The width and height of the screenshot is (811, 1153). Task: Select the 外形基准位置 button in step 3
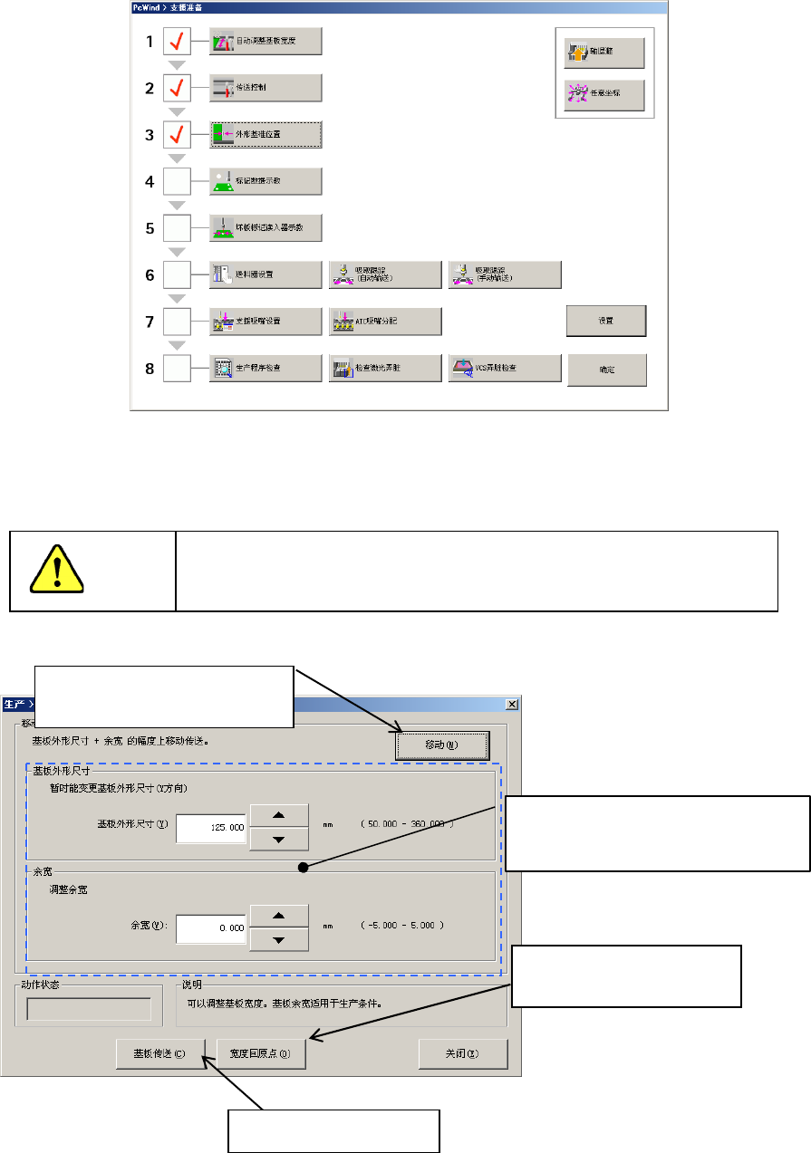coord(266,135)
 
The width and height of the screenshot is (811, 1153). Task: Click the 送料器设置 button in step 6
coord(266,274)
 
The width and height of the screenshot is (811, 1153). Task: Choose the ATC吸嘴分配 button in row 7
coord(385,322)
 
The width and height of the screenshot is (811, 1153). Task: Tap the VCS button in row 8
coord(505,368)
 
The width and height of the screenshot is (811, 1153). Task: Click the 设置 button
coord(606,321)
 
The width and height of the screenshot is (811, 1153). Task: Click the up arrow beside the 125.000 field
coord(278,814)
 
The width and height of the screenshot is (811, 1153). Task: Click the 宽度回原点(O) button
coord(260,1053)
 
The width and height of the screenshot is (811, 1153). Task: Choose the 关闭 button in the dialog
coord(462,1053)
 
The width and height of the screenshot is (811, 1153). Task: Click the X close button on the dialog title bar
coord(512,704)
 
